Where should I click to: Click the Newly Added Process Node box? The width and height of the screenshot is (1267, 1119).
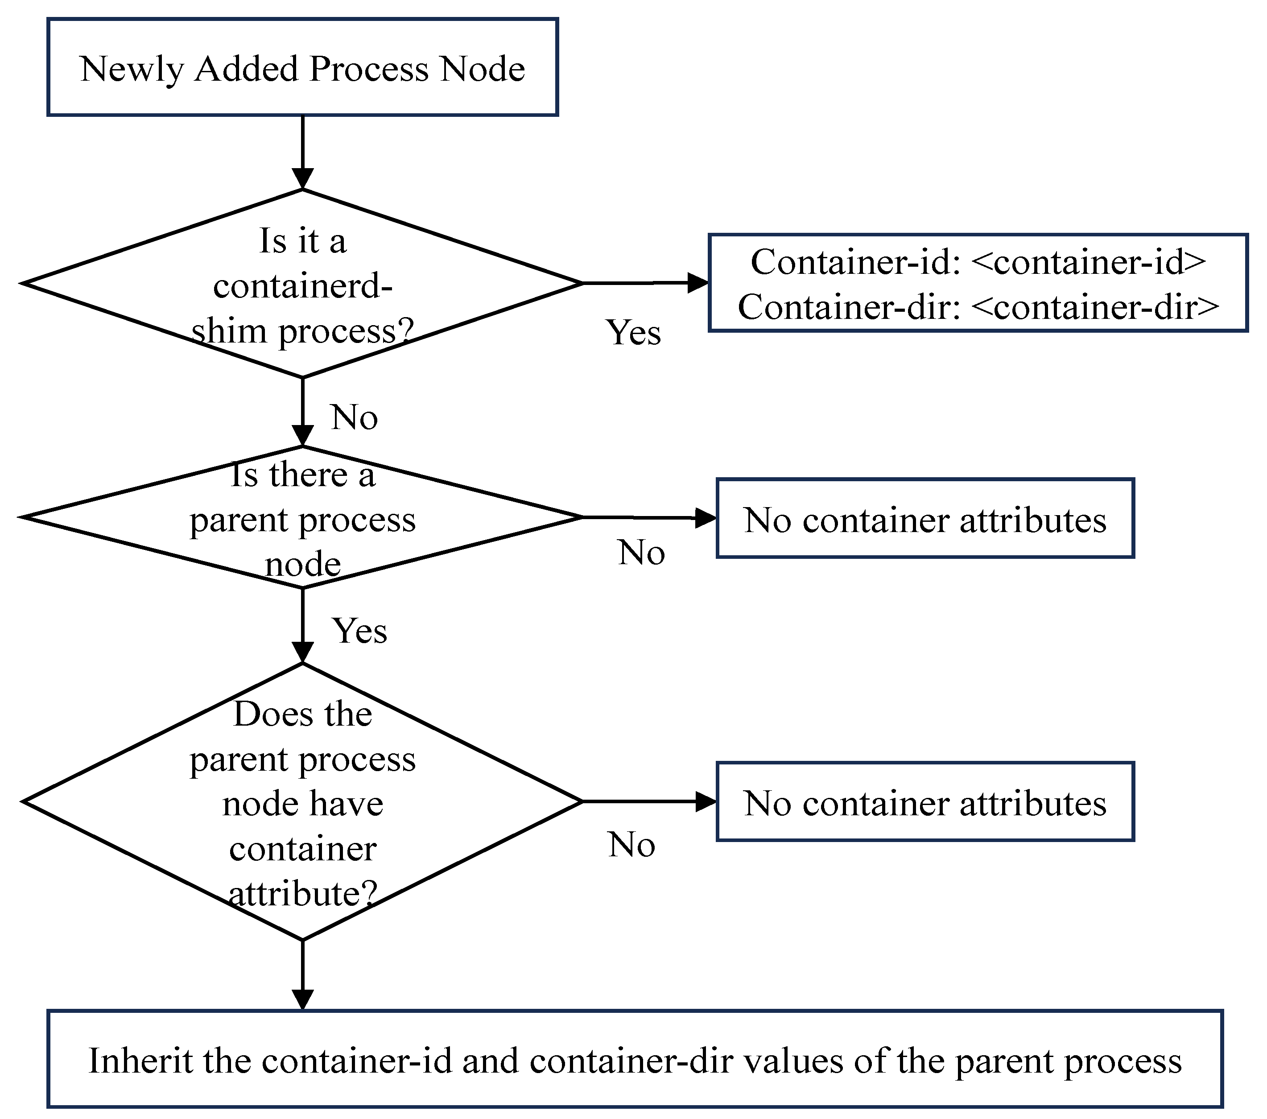point(302,67)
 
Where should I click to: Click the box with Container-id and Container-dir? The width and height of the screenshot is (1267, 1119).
point(978,283)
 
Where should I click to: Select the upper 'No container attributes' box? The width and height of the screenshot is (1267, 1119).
point(925,519)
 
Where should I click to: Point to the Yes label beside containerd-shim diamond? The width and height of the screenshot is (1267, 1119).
point(633,333)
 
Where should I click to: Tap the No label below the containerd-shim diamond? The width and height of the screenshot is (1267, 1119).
point(354,417)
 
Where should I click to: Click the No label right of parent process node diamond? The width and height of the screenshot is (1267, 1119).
point(641,553)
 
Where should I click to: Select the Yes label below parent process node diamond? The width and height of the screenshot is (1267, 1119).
point(359,631)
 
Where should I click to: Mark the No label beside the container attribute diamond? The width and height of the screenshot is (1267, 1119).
point(631,844)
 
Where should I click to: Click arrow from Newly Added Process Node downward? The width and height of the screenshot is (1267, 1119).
point(302,152)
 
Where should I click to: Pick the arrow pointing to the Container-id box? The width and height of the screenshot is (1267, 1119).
point(645,283)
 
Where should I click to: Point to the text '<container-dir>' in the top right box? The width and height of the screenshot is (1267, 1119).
point(1095,307)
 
